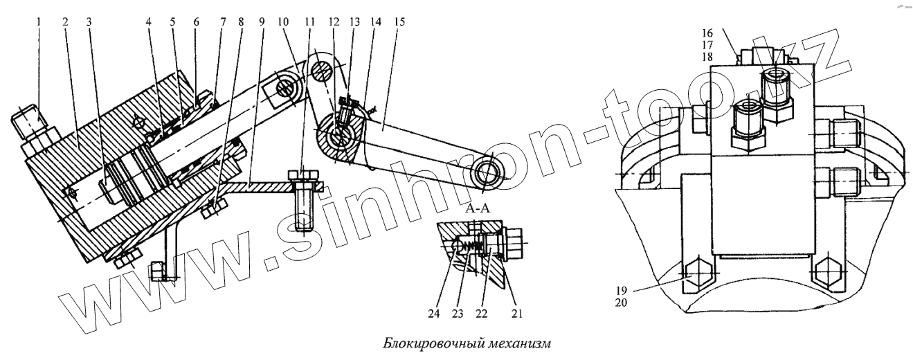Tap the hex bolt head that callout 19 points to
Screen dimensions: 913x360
coord(698,276)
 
